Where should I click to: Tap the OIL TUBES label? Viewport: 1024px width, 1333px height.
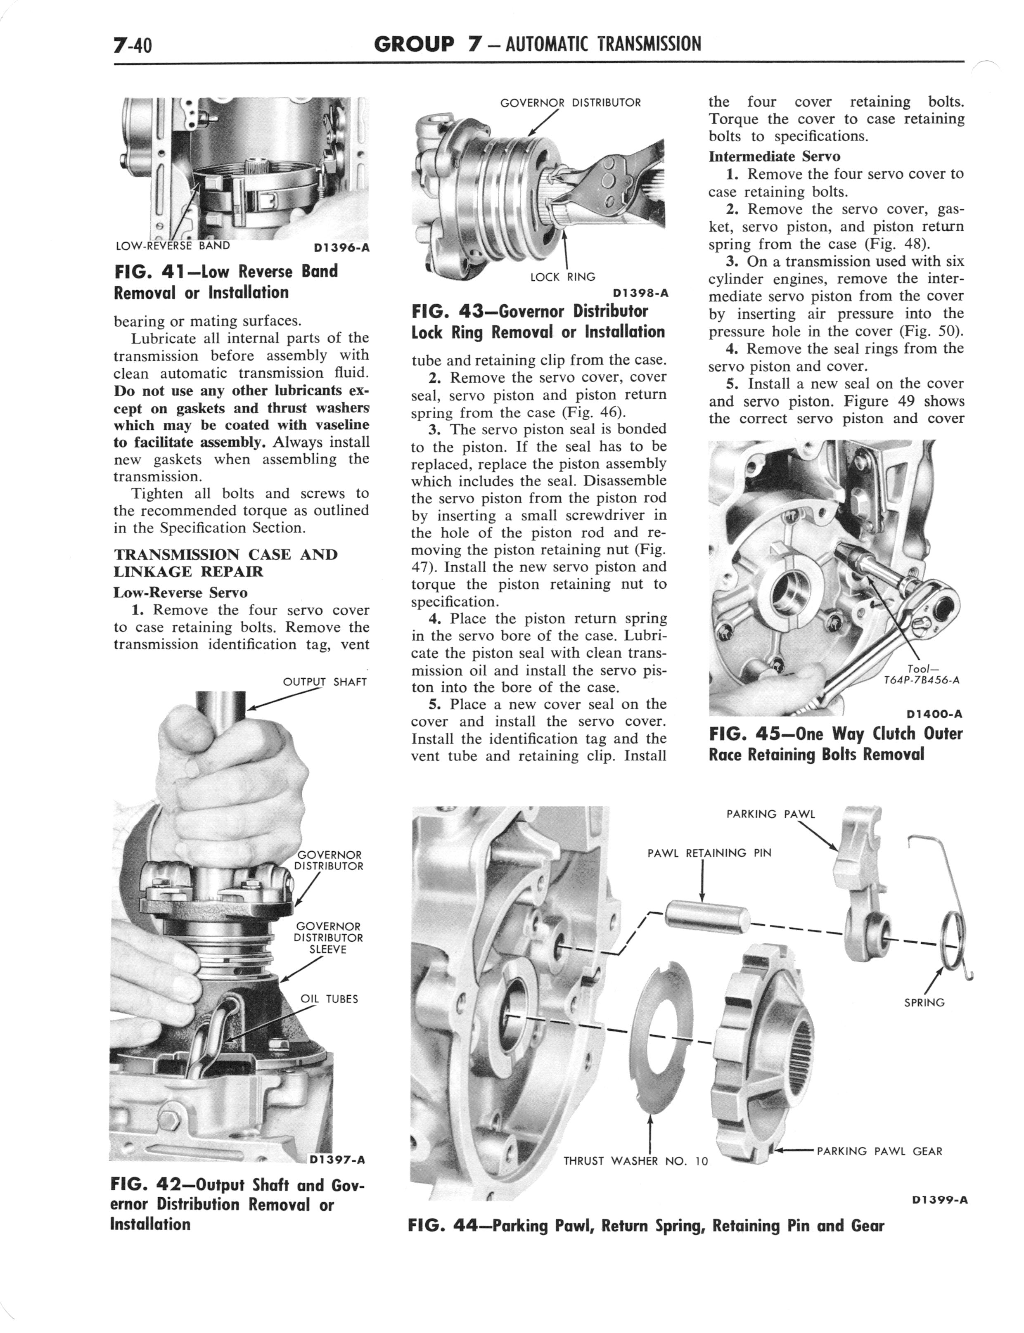[329, 999]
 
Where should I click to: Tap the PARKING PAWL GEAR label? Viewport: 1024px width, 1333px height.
[879, 1151]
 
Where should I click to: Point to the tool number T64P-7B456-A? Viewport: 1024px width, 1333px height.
[922, 680]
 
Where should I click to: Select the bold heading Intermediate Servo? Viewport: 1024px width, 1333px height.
[774, 156]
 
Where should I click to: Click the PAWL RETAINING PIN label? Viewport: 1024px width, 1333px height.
[709, 853]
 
